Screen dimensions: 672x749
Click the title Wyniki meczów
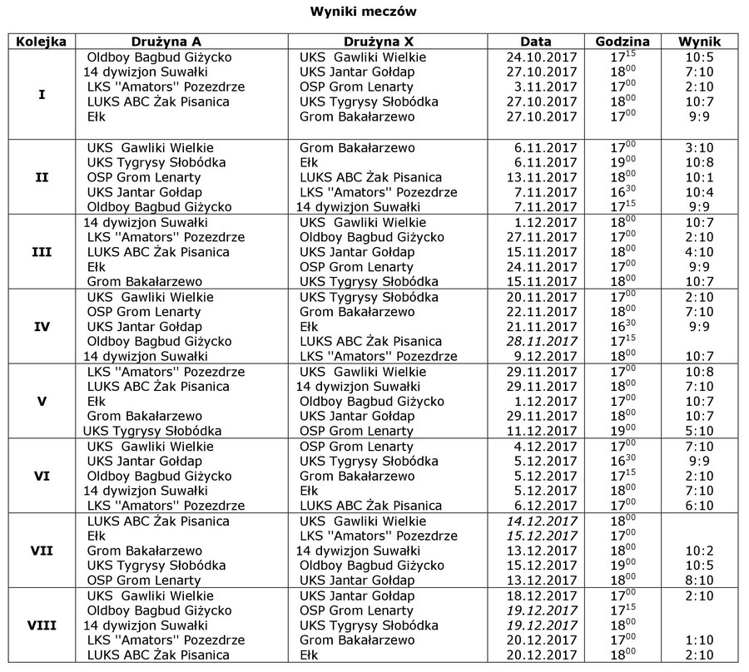click(374, 12)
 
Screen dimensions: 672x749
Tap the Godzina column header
click(623, 42)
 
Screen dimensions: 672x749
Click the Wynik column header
click(699, 42)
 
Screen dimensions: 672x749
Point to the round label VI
click(42, 476)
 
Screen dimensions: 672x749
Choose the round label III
click(42, 252)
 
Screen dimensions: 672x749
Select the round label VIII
click(42, 625)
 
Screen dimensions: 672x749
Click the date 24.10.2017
click(542, 57)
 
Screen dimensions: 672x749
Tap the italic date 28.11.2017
click(542, 342)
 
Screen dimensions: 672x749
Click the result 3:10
click(699, 148)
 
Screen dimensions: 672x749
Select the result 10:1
click(699, 178)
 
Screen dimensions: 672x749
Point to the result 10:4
click(699, 193)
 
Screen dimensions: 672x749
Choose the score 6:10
click(699, 506)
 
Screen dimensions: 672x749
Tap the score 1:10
click(699, 640)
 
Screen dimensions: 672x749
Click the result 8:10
click(699, 581)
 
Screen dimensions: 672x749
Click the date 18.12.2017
click(542, 595)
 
